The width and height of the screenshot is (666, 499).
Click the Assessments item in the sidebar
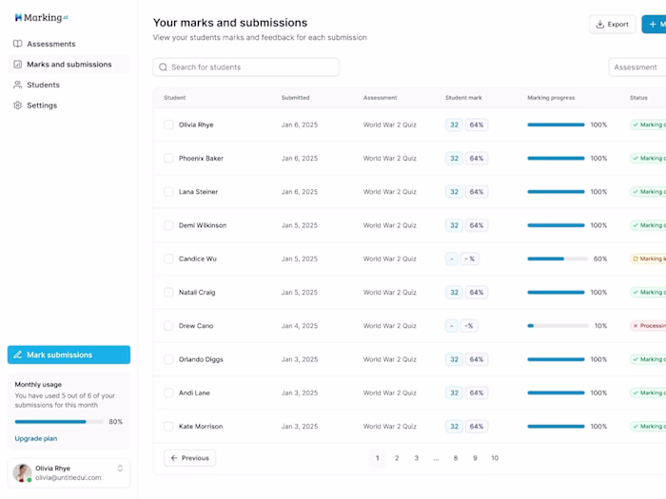tap(50, 44)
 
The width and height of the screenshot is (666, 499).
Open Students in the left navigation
tap(43, 85)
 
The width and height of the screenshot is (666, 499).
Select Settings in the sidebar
tap(42, 106)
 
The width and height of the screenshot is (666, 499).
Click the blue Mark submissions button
tap(69, 355)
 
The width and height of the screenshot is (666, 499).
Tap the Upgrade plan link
tap(36, 438)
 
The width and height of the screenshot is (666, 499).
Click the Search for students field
tap(245, 67)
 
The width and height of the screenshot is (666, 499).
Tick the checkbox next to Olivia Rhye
tap(168, 125)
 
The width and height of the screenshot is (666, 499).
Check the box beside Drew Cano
tap(168, 326)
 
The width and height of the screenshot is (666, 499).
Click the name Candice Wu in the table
tap(197, 259)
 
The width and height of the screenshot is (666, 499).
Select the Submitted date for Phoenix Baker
tap(300, 158)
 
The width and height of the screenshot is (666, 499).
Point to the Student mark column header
tap(463, 98)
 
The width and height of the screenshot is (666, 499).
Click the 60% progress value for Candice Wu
tap(599, 259)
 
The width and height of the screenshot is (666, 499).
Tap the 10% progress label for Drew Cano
tap(600, 326)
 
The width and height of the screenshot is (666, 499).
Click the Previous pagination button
tap(189, 458)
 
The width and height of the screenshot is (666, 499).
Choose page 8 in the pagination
tap(455, 458)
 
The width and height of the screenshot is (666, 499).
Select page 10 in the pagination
tap(494, 458)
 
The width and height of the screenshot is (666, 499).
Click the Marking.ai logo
tap(41, 17)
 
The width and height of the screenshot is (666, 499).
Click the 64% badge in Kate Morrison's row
tap(477, 427)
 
